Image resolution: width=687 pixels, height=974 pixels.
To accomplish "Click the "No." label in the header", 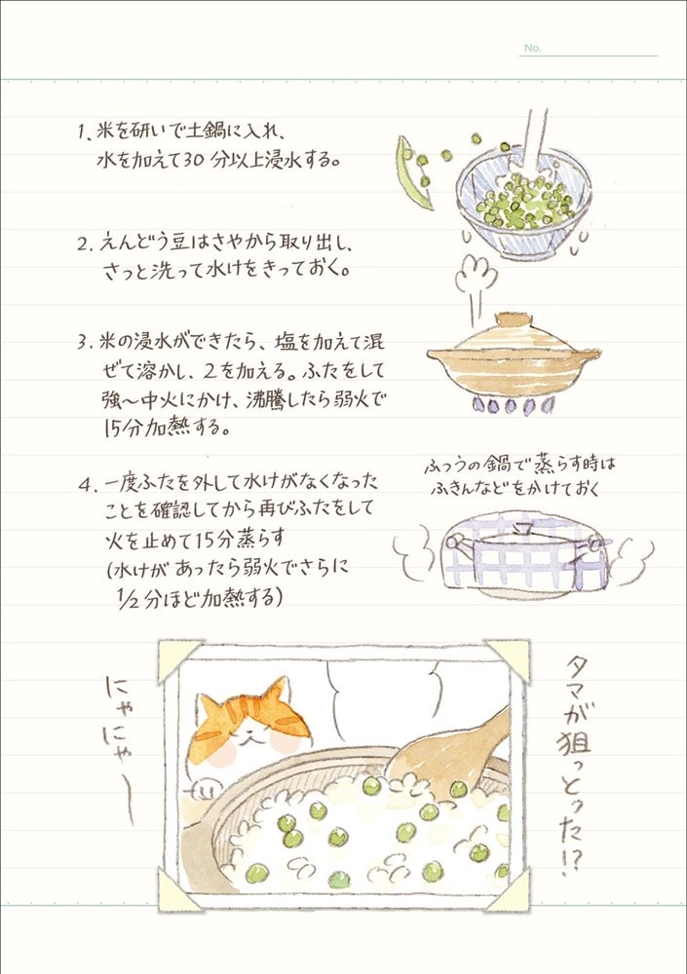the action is click(532, 48).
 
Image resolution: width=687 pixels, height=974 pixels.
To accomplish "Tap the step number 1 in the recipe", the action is click(81, 132).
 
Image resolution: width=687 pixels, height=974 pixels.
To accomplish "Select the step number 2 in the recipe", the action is click(83, 243).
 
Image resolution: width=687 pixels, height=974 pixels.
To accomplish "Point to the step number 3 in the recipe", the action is click(83, 342).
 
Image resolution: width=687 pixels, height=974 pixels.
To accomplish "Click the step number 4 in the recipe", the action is click(85, 485).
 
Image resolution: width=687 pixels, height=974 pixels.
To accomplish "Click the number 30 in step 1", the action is click(194, 161).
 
